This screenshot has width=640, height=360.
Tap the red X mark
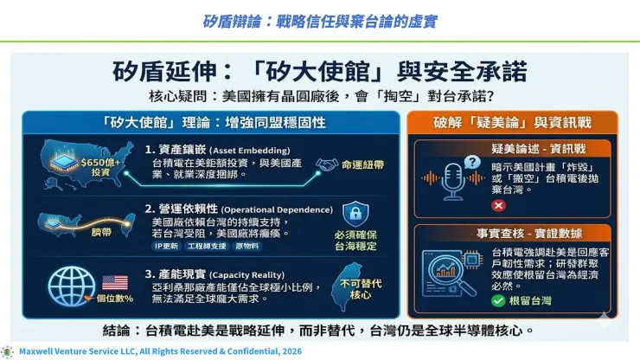coord(498,206)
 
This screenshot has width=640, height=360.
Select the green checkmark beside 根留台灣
coord(498,300)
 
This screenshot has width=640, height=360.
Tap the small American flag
coord(115,281)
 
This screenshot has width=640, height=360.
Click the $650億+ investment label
coord(103,166)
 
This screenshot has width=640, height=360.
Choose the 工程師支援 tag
coord(202,246)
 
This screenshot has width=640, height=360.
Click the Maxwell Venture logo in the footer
coord(8,351)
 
